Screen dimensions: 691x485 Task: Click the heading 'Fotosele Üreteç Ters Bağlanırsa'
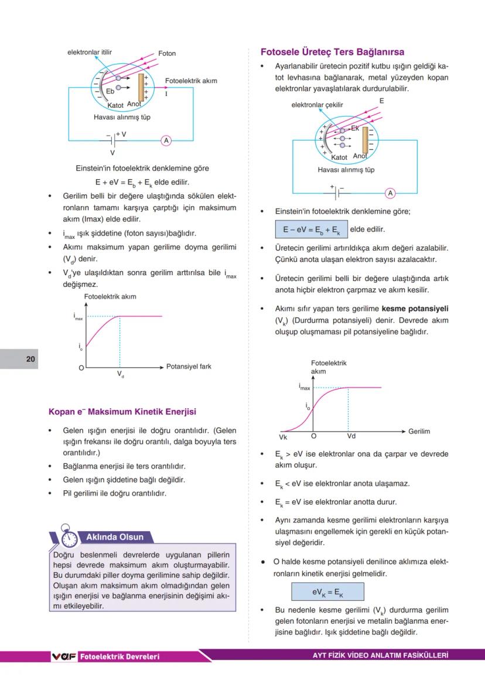click(332, 52)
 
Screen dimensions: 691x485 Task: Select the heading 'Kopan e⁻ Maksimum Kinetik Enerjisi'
click(122, 412)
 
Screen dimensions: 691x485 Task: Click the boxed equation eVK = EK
click(327, 592)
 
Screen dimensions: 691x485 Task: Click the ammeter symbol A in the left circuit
click(166, 141)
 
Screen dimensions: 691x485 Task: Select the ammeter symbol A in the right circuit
click(390, 193)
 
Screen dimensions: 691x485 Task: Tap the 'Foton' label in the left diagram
click(167, 53)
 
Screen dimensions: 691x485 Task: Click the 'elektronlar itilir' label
click(89, 52)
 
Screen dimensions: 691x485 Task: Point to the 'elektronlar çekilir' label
click(317, 105)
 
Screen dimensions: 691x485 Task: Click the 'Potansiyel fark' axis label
click(189, 367)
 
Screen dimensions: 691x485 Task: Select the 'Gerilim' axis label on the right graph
click(419, 432)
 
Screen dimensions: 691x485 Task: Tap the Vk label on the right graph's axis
click(284, 437)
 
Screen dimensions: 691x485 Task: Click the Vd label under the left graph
click(120, 374)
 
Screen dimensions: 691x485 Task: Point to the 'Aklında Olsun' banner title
click(110, 537)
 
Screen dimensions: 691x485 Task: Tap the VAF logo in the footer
click(64, 656)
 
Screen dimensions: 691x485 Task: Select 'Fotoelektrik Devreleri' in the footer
click(119, 656)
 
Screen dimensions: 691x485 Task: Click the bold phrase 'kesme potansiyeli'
click(415, 308)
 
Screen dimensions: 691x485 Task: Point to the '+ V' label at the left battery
click(121, 134)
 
